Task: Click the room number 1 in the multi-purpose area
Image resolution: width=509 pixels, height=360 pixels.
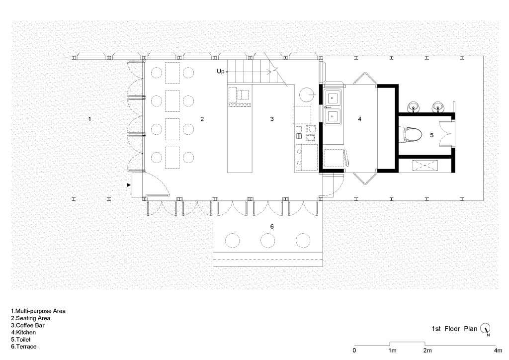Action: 89,119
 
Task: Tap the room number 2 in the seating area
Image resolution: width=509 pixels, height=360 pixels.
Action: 202,119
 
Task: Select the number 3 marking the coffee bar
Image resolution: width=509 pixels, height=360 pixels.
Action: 272,119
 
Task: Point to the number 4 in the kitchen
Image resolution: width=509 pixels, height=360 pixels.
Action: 359,119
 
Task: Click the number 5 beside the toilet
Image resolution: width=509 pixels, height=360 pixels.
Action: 432,135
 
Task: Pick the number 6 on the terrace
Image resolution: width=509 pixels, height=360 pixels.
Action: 272,226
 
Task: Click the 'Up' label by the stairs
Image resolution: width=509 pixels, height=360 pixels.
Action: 220,72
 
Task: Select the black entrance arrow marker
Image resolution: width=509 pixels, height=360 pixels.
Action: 129,184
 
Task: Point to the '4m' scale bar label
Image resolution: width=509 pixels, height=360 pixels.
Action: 498,350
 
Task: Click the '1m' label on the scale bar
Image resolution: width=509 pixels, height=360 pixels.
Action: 392,350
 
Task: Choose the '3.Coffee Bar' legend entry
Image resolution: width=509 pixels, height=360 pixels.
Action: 28,325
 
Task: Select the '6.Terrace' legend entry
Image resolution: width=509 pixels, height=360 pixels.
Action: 24,347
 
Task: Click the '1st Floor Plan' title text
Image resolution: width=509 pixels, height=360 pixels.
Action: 454,329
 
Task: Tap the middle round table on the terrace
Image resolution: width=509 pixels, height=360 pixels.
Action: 268,241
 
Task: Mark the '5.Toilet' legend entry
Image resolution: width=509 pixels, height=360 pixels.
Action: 21,339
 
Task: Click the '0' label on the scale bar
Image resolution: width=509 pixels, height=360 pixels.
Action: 354,350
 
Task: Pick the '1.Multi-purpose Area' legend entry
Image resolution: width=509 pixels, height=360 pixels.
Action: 38,311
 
